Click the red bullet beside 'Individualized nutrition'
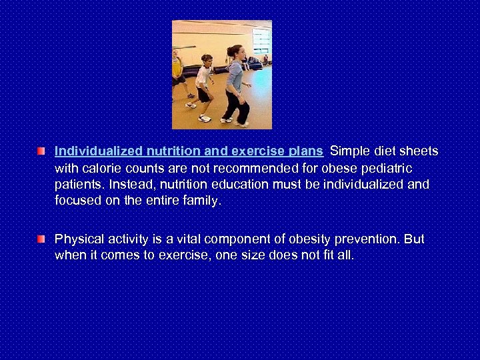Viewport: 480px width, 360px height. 41,153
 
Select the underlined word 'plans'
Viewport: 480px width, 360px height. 306,152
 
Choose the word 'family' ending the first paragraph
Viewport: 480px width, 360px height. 201,200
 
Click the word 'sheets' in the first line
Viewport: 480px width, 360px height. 419,152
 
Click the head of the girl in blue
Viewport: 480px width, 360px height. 234,51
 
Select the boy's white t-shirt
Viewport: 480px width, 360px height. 204,77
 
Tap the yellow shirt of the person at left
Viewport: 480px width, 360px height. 177,67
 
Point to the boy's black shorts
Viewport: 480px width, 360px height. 204,94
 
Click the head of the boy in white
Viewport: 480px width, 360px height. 206,60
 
